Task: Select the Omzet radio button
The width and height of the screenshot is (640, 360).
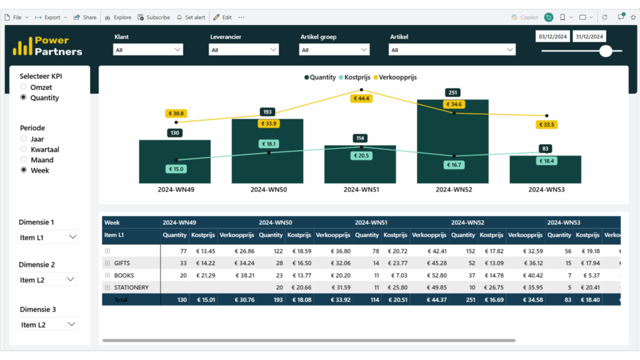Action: [24, 87]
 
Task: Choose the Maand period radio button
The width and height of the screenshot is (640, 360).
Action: [24, 160]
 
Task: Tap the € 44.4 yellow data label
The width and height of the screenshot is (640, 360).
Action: [361, 98]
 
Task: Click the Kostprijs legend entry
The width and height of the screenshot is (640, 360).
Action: [356, 77]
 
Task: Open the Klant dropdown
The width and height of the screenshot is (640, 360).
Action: [148, 50]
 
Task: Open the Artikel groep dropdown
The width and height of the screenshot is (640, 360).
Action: [334, 50]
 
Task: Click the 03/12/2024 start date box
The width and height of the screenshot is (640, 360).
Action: [553, 37]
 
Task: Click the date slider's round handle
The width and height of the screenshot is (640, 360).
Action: [605, 51]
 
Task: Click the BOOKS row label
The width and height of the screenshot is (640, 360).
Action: [124, 275]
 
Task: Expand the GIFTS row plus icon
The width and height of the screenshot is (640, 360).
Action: [107, 263]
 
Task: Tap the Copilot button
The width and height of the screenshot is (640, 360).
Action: [524, 17]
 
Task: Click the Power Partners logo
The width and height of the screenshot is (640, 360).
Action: [47, 46]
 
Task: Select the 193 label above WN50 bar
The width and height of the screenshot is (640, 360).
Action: [267, 112]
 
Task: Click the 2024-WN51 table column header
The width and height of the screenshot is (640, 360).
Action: [371, 222]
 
